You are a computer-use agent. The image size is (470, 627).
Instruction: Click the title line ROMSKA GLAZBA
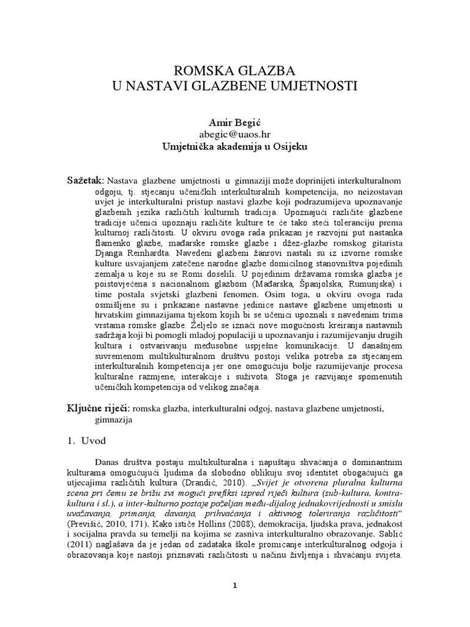235,68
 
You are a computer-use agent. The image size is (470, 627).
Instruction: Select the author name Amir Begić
235,124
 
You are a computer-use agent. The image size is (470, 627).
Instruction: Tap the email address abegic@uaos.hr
235,135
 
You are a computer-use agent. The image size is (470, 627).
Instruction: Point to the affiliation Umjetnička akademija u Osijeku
235,147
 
